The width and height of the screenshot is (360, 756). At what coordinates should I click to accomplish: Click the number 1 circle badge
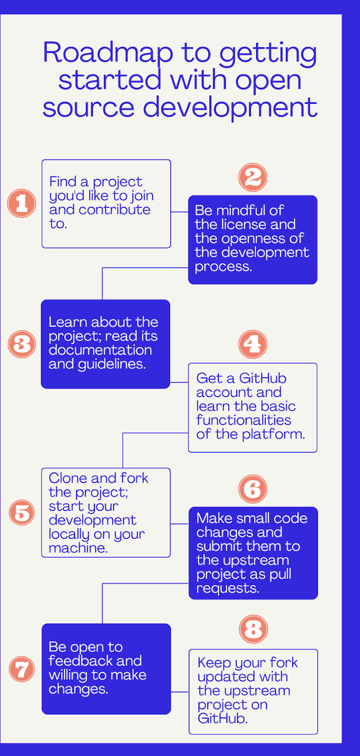pos(22,203)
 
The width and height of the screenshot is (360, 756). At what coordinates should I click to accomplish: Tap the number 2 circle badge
pos(253,178)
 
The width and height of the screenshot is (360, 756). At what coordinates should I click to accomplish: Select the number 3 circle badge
pos(22,344)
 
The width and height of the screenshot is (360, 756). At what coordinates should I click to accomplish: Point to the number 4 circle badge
pos(253,344)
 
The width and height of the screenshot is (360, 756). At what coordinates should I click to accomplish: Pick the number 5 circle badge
pos(22,513)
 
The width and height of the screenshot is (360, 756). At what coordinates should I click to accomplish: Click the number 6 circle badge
pos(253,489)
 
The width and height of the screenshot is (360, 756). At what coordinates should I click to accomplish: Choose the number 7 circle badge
pos(22,669)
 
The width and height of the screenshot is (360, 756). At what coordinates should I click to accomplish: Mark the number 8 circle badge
pos(253,629)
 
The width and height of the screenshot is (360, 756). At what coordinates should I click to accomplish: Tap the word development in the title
pos(230,108)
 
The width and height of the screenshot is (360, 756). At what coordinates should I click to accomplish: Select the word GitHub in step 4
pos(263,378)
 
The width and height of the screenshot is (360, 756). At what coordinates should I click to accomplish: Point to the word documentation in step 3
pos(100,350)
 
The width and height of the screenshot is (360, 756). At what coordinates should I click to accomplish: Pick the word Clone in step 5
pos(69,478)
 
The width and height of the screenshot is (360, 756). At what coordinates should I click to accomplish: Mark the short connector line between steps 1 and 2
pos(180,212)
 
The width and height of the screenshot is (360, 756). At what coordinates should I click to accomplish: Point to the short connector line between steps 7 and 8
pos(180,692)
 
